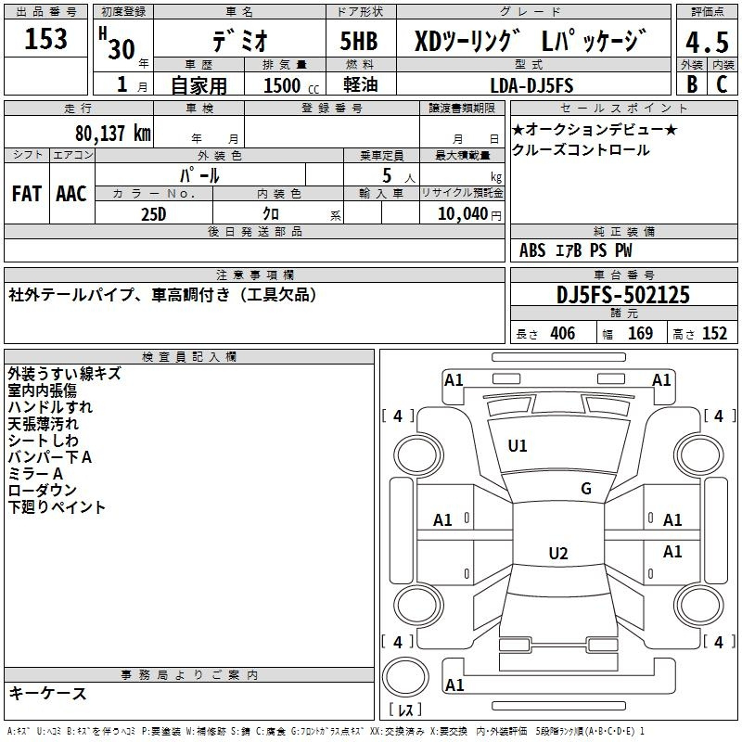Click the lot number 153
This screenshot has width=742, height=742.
(x=45, y=38)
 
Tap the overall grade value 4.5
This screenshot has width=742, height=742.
(x=707, y=42)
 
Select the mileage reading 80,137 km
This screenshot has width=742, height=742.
(x=113, y=134)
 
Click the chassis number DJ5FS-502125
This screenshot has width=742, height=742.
(x=622, y=295)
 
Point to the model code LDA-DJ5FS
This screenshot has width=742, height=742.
(x=531, y=85)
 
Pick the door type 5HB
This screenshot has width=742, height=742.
(x=359, y=41)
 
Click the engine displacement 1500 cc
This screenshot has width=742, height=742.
(x=291, y=85)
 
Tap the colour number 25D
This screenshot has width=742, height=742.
(x=154, y=214)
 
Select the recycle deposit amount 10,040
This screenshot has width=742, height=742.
(x=463, y=213)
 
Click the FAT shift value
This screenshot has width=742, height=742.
(x=27, y=194)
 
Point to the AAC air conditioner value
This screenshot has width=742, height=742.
(x=71, y=194)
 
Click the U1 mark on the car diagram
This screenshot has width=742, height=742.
(x=518, y=446)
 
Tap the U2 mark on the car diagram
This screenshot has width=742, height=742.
(x=558, y=553)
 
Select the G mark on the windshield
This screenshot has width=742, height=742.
(x=586, y=488)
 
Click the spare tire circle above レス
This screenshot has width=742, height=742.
(x=405, y=676)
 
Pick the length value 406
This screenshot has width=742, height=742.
(x=563, y=333)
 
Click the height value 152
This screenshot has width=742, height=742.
(x=714, y=333)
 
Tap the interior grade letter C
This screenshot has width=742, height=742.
(x=722, y=84)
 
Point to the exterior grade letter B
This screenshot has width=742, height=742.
(x=692, y=84)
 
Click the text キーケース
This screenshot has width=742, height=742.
(x=48, y=693)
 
